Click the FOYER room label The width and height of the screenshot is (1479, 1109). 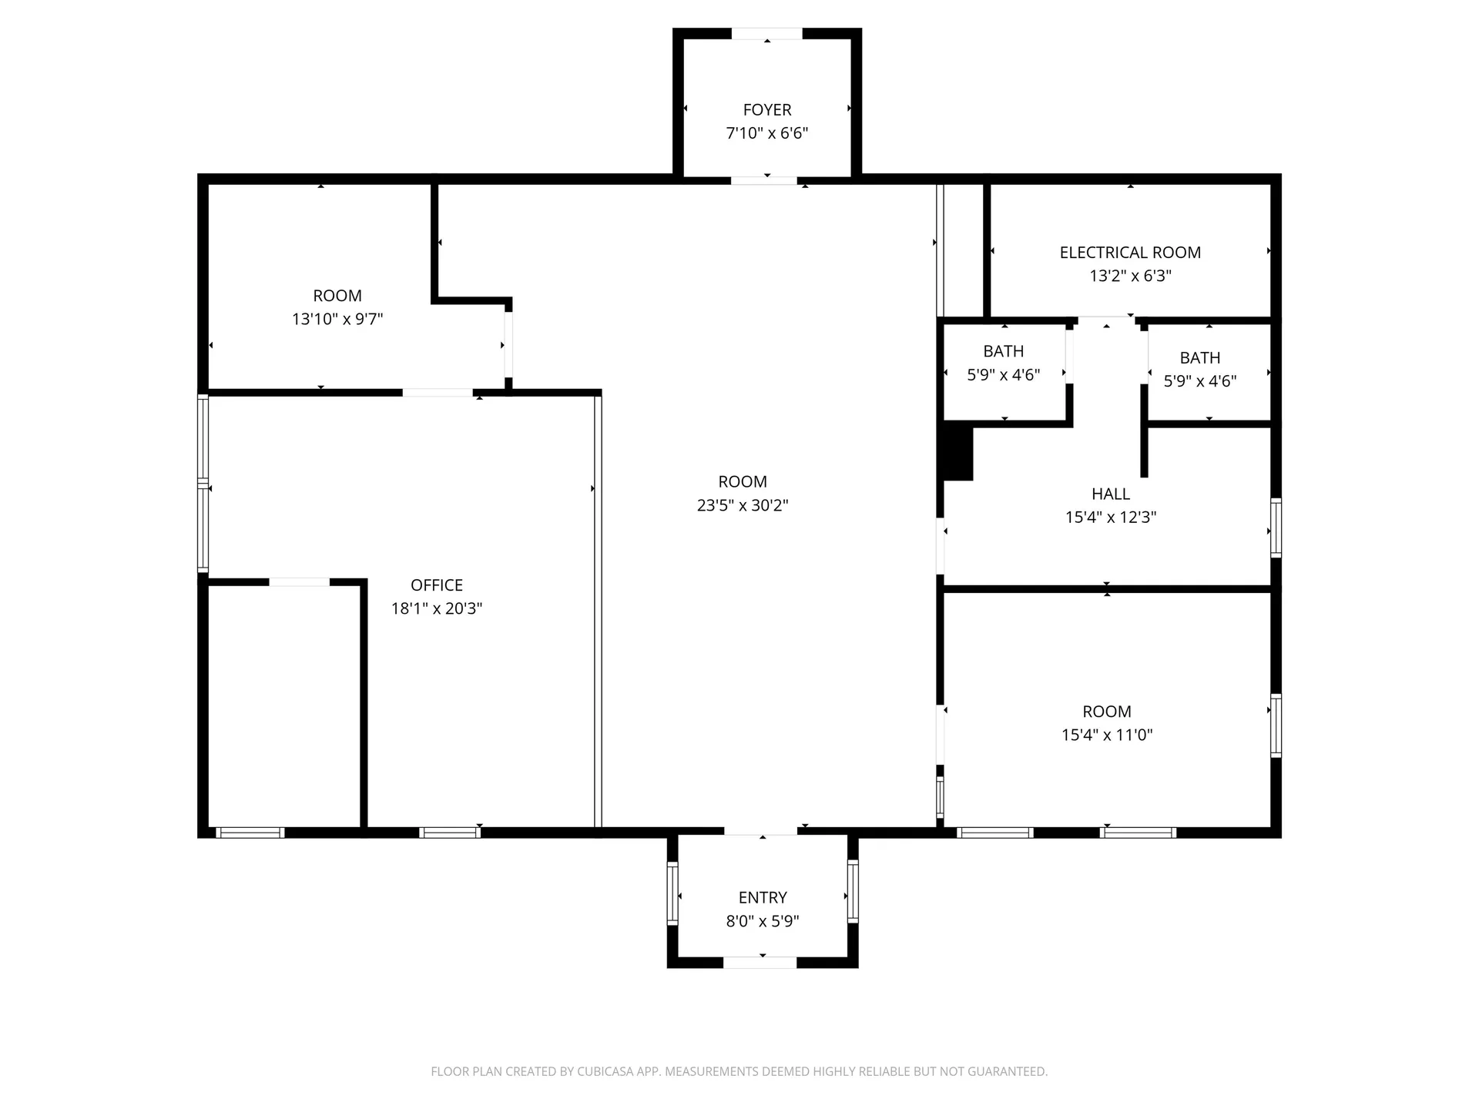tap(767, 110)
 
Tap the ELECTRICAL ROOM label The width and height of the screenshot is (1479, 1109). tap(1130, 253)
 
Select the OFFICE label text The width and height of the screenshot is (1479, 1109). tap(437, 585)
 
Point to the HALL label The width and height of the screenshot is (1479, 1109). tap(1111, 494)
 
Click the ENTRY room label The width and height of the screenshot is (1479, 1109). tap(763, 898)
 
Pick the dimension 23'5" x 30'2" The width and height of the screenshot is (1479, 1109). tap(743, 505)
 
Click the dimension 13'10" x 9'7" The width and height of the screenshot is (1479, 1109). tap(337, 319)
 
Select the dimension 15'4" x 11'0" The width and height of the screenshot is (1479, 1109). tap(1107, 735)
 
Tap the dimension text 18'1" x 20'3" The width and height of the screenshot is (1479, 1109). tap(437, 608)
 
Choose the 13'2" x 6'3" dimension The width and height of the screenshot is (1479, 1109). tap(1130, 276)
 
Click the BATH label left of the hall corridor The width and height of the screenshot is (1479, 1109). tap(1004, 351)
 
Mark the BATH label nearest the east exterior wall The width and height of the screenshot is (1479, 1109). tap(1200, 358)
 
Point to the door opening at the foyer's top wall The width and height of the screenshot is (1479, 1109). tap(766, 34)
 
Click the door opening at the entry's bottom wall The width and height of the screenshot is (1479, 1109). tap(760, 963)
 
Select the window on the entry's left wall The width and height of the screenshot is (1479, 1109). tap(672, 893)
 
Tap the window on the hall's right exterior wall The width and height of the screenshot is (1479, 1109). tap(1276, 528)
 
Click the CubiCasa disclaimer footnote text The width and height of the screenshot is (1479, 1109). tap(739, 1071)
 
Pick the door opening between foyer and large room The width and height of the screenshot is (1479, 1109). tap(764, 181)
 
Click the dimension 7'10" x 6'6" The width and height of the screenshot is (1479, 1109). tap(767, 133)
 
